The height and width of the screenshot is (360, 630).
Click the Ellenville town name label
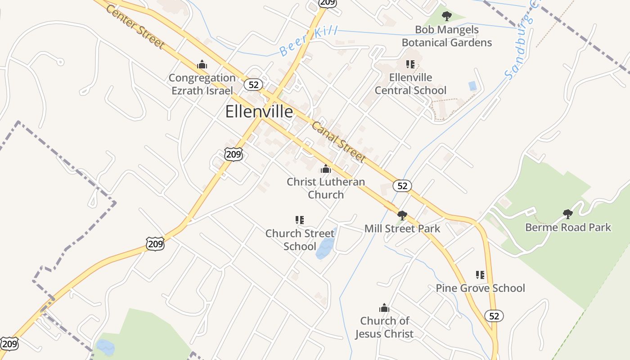(x=259, y=111)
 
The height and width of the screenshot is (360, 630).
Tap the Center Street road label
(x=135, y=27)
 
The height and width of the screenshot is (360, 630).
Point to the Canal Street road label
(x=338, y=142)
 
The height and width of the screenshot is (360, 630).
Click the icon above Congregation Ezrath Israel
(x=202, y=65)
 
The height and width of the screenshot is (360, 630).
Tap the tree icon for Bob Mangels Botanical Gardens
(x=446, y=17)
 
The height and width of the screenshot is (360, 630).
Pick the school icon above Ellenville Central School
(x=410, y=64)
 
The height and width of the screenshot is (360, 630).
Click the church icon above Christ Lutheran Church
(x=325, y=169)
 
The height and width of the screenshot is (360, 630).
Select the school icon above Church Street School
(x=300, y=220)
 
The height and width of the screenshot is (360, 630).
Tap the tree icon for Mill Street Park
(x=402, y=215)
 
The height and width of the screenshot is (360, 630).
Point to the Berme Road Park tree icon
(x=568, y=214)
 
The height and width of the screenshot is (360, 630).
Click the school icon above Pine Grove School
(x=480, y=274)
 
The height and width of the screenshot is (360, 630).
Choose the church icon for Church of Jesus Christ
(x=384, y=308)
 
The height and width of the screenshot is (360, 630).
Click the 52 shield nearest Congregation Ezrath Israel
(x=253, y=85)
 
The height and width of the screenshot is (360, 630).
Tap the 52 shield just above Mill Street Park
(x=402, y=185)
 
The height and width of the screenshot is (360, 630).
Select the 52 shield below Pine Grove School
(x=494, y=316)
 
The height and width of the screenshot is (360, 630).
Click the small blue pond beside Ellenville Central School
(x=472, y=86)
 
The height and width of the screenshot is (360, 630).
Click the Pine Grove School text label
(x=480, y=288)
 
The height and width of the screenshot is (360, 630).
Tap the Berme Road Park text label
(x=568, y=227)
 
